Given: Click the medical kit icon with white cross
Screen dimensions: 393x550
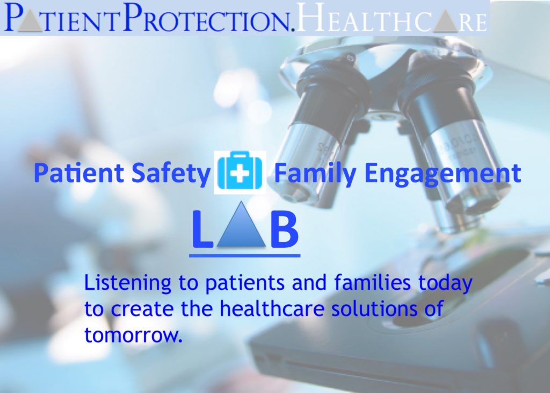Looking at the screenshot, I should [240, 173].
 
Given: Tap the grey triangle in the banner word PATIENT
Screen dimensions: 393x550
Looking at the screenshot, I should [28, 20].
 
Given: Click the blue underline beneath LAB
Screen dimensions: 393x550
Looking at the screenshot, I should [244, 254].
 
